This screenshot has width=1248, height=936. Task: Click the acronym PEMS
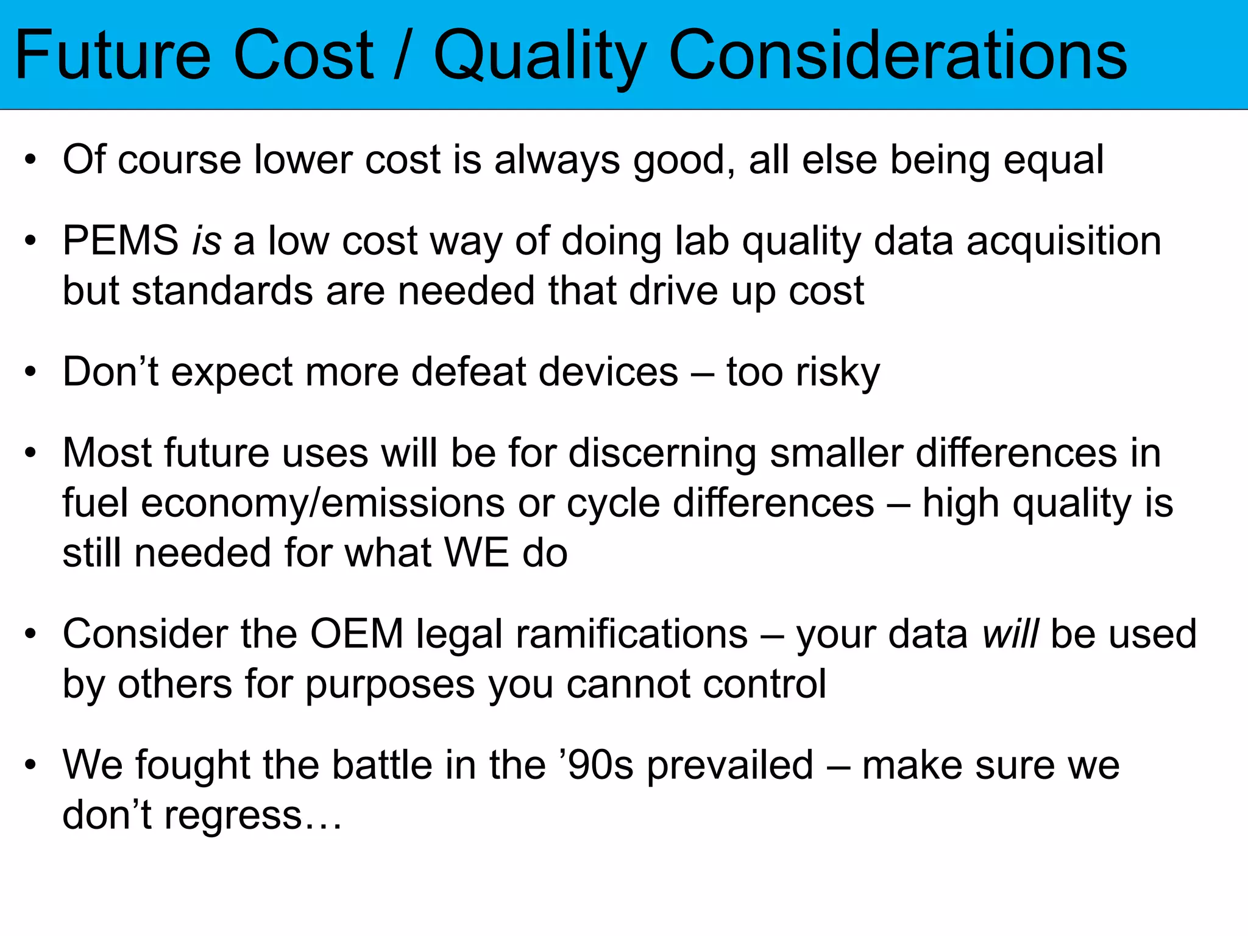tap(121, 241)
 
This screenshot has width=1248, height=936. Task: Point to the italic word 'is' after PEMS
tap(206, 241)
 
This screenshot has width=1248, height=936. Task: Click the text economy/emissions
tap(323, 504)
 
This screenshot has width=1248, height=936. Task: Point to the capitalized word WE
tap(477, 553)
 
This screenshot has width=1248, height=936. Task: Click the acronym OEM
tap(356, 634)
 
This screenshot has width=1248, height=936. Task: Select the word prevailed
tap(730, 765)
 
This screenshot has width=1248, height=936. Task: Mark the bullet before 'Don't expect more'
tap(30, 372)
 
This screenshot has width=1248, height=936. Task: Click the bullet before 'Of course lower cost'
tap(30, 160)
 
